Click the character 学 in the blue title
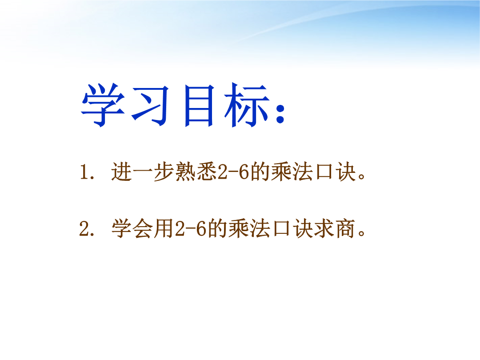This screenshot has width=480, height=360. point(103,105)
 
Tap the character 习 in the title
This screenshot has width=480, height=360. point(150,106)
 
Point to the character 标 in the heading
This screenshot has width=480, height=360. point(247,105)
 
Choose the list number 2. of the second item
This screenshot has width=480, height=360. point(87,229)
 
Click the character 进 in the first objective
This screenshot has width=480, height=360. point(122,172)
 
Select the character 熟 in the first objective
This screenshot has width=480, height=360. point(186,172)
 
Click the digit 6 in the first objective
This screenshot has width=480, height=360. point(244,172)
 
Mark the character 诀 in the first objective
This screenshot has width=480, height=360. point(345,172)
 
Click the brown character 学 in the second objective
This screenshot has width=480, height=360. point(122,229)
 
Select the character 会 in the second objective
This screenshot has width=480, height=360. point(143,229)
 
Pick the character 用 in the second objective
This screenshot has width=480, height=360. point(164,229)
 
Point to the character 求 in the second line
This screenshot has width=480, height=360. point(324,229)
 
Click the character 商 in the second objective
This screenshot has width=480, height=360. point(345,229)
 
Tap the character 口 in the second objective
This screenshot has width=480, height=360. point(282,229)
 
